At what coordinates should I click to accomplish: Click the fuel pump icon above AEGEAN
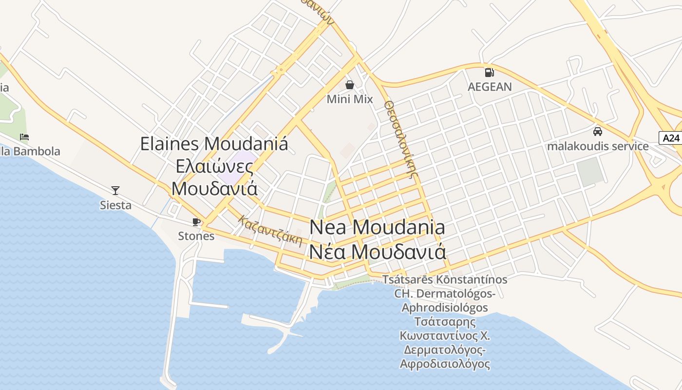coord(489,73)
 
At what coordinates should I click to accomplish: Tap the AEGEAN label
coord(490,87)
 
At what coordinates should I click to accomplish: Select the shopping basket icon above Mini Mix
coord(349,85)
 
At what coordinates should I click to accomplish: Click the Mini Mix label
coord(349,99)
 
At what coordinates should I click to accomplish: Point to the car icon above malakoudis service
coord(598,131)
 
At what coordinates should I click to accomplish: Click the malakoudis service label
coord(598,146)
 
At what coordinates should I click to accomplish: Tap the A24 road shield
coord(671,138)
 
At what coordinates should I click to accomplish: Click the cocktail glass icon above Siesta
coord(115,190)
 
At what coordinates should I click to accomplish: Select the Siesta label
coord(115,205)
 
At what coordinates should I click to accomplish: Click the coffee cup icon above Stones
coord(196,222)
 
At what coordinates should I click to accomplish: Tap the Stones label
coord(196,236)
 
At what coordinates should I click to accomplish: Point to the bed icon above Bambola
coord(24,136)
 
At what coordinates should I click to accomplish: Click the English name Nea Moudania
coord(377,227)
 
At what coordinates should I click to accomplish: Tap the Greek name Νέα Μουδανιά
coord(377,252)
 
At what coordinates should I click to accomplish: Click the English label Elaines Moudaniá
coord(214,144)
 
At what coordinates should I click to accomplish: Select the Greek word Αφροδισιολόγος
coord(445,364)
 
